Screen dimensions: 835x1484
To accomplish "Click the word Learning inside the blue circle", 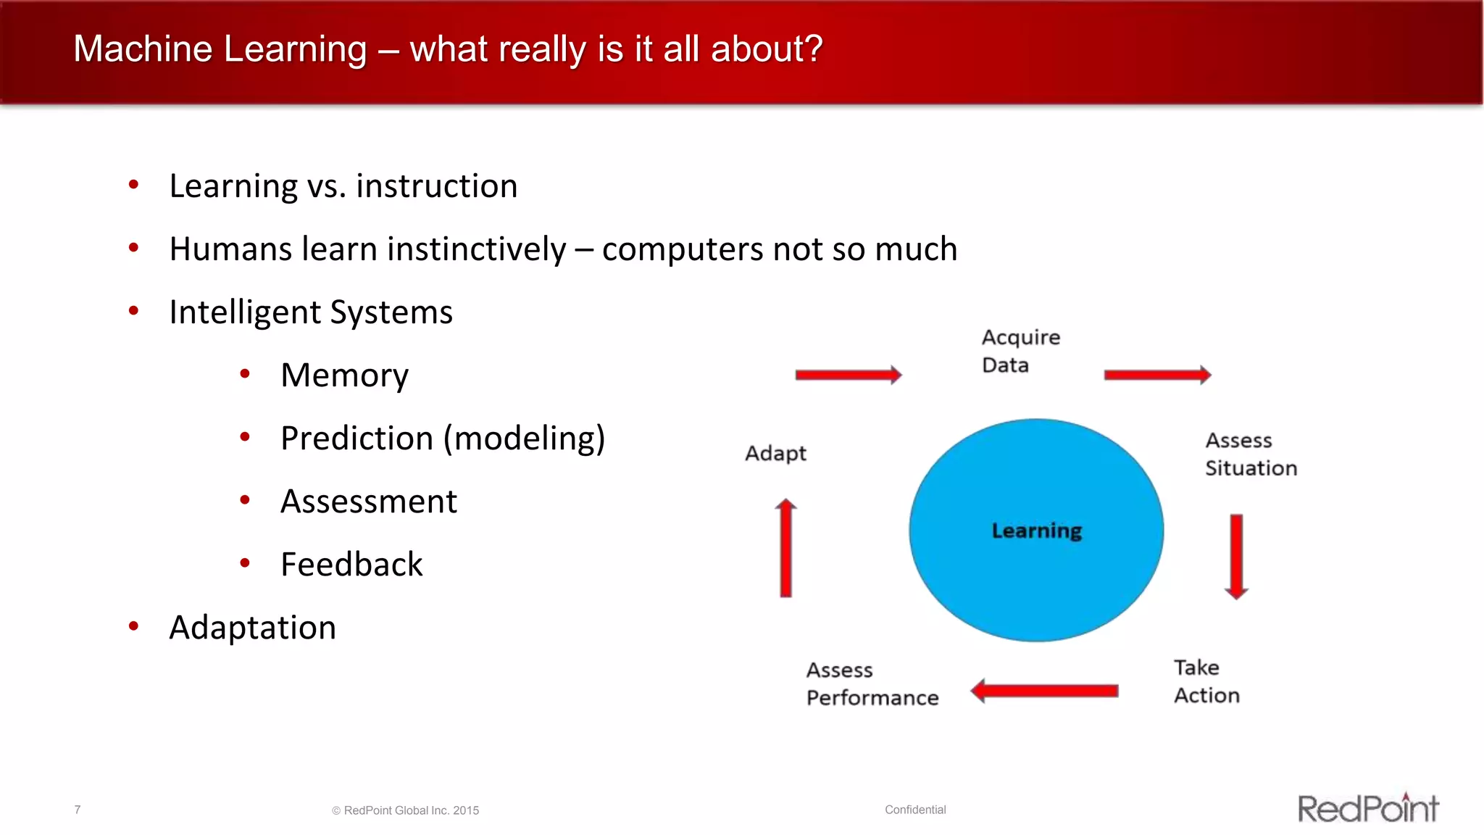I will [1036, 531].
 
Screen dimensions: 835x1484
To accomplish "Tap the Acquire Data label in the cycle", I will [1020, 351].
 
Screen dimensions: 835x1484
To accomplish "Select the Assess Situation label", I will [1250, 454].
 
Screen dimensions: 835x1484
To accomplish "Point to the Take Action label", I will [1206, 681].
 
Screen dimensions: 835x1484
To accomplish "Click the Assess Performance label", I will [872, 684].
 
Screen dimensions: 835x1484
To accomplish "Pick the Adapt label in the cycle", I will [775, 453].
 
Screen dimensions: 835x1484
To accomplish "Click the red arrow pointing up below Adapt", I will [785, 548].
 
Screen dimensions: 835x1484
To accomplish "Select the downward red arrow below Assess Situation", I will [1236, 556].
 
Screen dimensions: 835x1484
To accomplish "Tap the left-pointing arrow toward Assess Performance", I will [1044, 691].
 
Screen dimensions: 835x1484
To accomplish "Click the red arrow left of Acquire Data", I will [848, 375].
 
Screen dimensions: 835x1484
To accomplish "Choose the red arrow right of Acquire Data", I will [1157, 375].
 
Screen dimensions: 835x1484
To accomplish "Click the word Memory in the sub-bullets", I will [344, 375].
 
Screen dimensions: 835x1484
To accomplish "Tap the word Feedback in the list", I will [351, 565].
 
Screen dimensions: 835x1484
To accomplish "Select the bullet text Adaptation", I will [252, 628].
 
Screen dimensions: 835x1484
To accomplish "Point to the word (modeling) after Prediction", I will [524, 439].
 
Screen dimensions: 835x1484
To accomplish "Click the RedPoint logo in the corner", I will [1367, 808].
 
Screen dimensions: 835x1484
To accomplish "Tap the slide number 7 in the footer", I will [78, 810].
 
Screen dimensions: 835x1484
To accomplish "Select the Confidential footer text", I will [915, 810].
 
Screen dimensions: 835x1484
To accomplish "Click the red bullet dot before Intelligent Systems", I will [133, 311].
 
